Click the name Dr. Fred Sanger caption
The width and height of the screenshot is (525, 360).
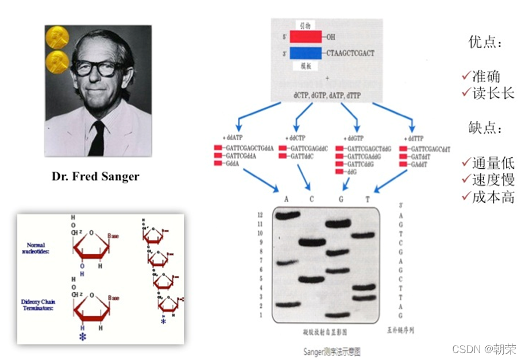click(x=95, y=176)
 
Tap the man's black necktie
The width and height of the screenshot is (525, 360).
click(x=96, y=138)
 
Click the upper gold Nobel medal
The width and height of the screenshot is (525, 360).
click(x=57, y=37)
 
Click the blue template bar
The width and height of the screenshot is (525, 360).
click(x=305, y=53)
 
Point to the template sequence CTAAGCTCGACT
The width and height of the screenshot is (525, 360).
click(x=350, y=53)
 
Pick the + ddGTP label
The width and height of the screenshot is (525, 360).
click(x=356, y=138)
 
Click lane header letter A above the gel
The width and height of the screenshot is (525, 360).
click(x=287, y=199)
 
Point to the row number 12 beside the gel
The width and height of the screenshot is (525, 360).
click(x=260, y=214)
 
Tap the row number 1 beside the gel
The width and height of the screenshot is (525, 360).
click(x=260, y=315)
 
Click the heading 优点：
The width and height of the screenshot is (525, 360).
click(x=484, y=42)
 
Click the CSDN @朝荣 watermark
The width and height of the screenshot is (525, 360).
click(x=484, y=349)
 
